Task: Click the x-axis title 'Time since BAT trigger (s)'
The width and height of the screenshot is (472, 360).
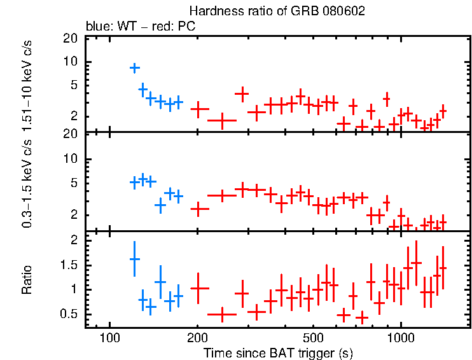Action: (278, 352)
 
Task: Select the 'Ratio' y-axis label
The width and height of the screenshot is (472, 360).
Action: (27, 279)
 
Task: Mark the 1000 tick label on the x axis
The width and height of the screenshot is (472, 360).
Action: (401, 337)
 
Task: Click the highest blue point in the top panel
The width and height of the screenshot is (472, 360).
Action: (135, 68)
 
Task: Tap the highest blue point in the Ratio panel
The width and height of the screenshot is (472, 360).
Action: (134, 259)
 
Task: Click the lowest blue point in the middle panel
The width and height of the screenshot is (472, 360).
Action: (160, 205)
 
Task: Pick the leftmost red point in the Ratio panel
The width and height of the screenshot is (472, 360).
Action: (200, 288)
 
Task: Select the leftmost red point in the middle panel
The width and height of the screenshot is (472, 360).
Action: (200, 209)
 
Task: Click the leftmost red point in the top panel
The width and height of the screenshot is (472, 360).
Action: (200, 109)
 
